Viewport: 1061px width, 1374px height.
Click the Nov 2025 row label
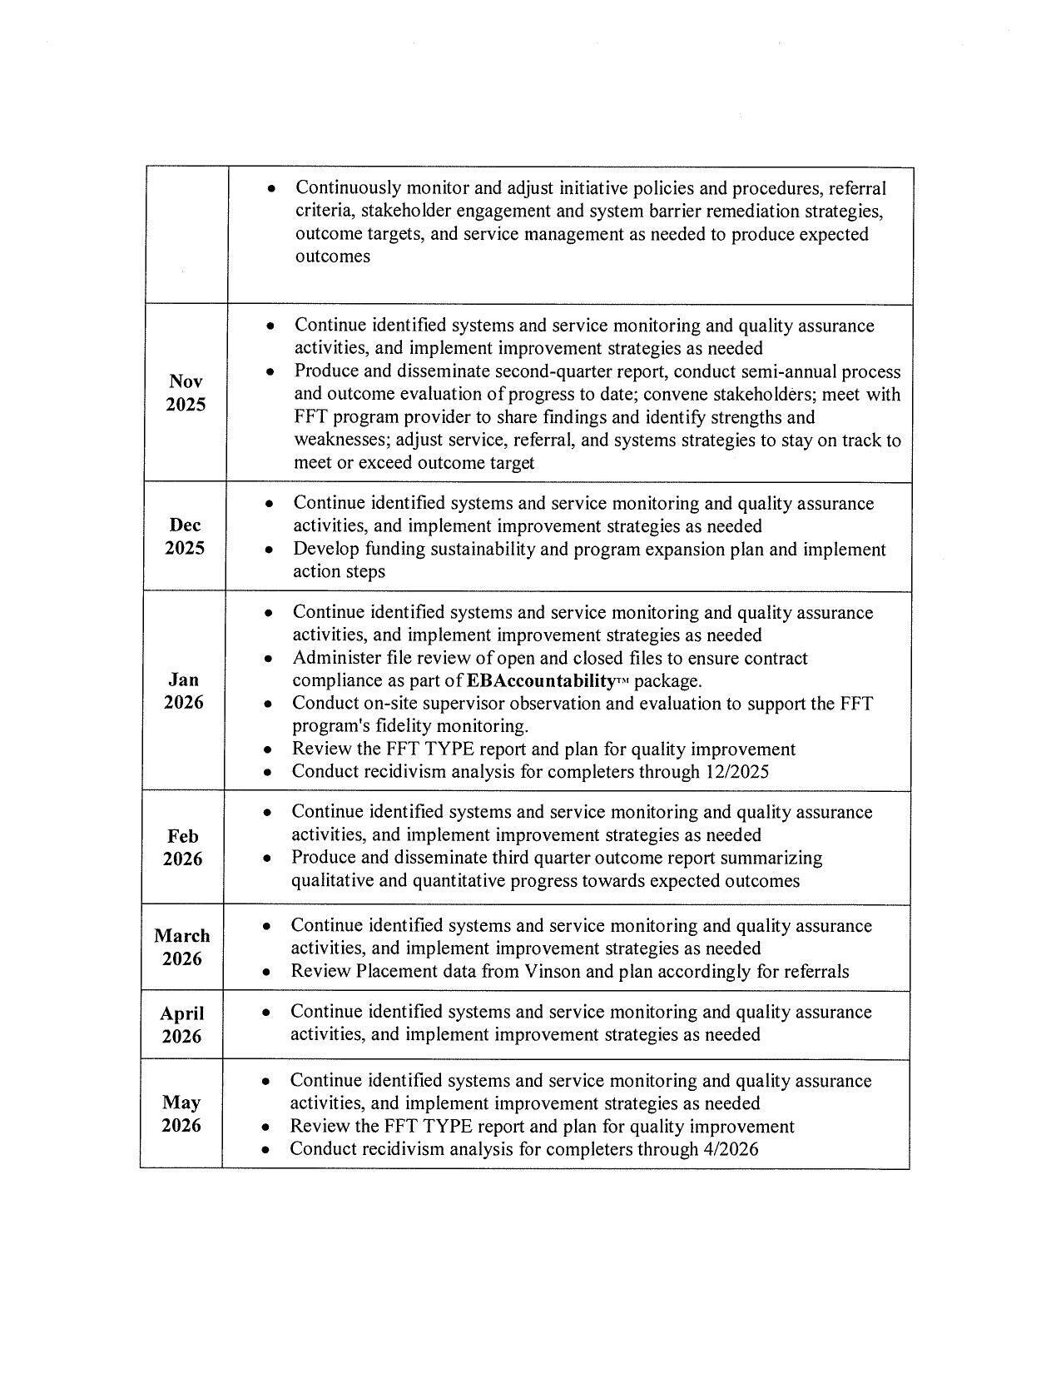(185, 393)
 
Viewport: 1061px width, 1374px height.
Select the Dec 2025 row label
(185, 536)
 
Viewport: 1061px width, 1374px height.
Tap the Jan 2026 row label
(183, 690)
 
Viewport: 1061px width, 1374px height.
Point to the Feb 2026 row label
(182, 847)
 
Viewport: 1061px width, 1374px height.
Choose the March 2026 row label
(181, 947)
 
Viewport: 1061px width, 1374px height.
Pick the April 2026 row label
(181, 1024)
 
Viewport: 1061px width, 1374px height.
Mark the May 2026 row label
(181, 1113)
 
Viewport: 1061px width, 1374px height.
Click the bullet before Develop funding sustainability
(268, 550)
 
